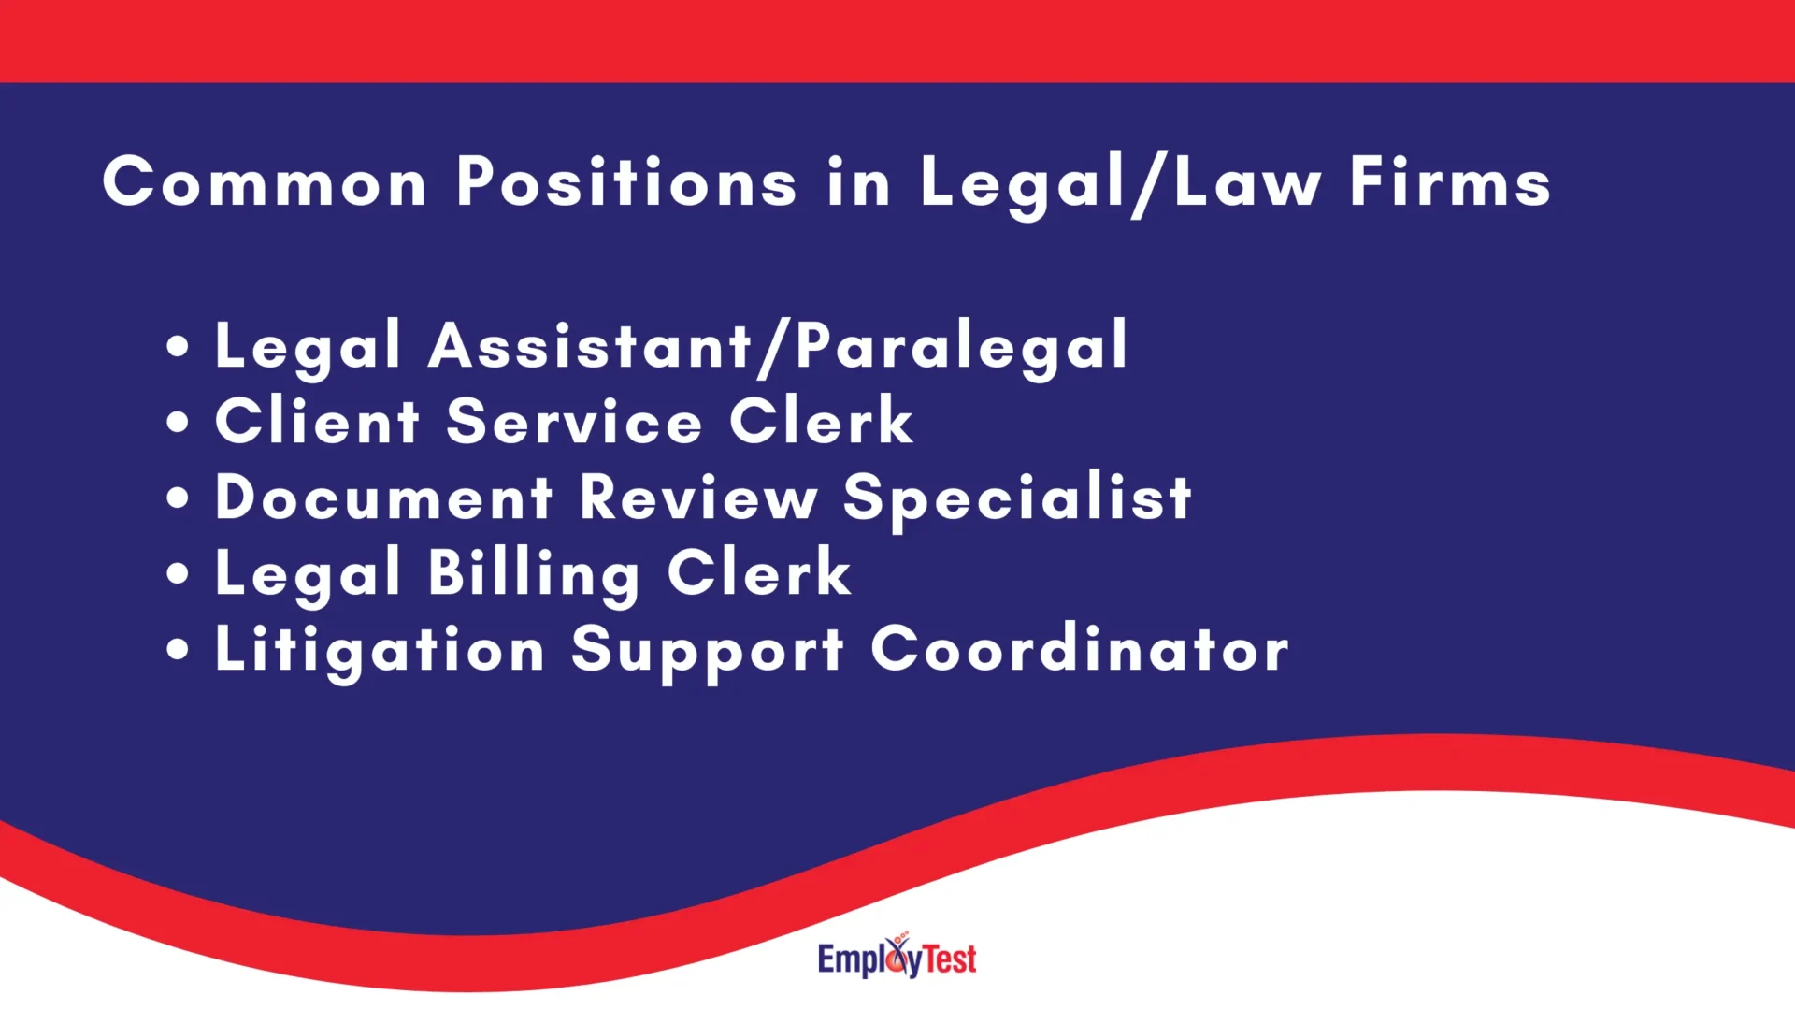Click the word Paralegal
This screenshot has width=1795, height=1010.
962,347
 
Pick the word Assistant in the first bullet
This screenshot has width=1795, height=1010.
590,345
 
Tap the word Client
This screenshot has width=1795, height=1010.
318,421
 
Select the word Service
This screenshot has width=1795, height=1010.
574,421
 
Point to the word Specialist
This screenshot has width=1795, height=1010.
1017,498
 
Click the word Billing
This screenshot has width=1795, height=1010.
534,574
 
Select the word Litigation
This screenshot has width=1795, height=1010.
380,651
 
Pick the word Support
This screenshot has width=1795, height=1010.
708,651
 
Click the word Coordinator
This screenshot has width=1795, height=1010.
1080,649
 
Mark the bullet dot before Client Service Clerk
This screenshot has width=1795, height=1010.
178,422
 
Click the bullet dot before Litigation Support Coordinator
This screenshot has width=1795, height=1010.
178,649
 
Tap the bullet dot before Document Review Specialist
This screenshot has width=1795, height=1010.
178,498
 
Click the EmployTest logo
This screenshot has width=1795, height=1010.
897,957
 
